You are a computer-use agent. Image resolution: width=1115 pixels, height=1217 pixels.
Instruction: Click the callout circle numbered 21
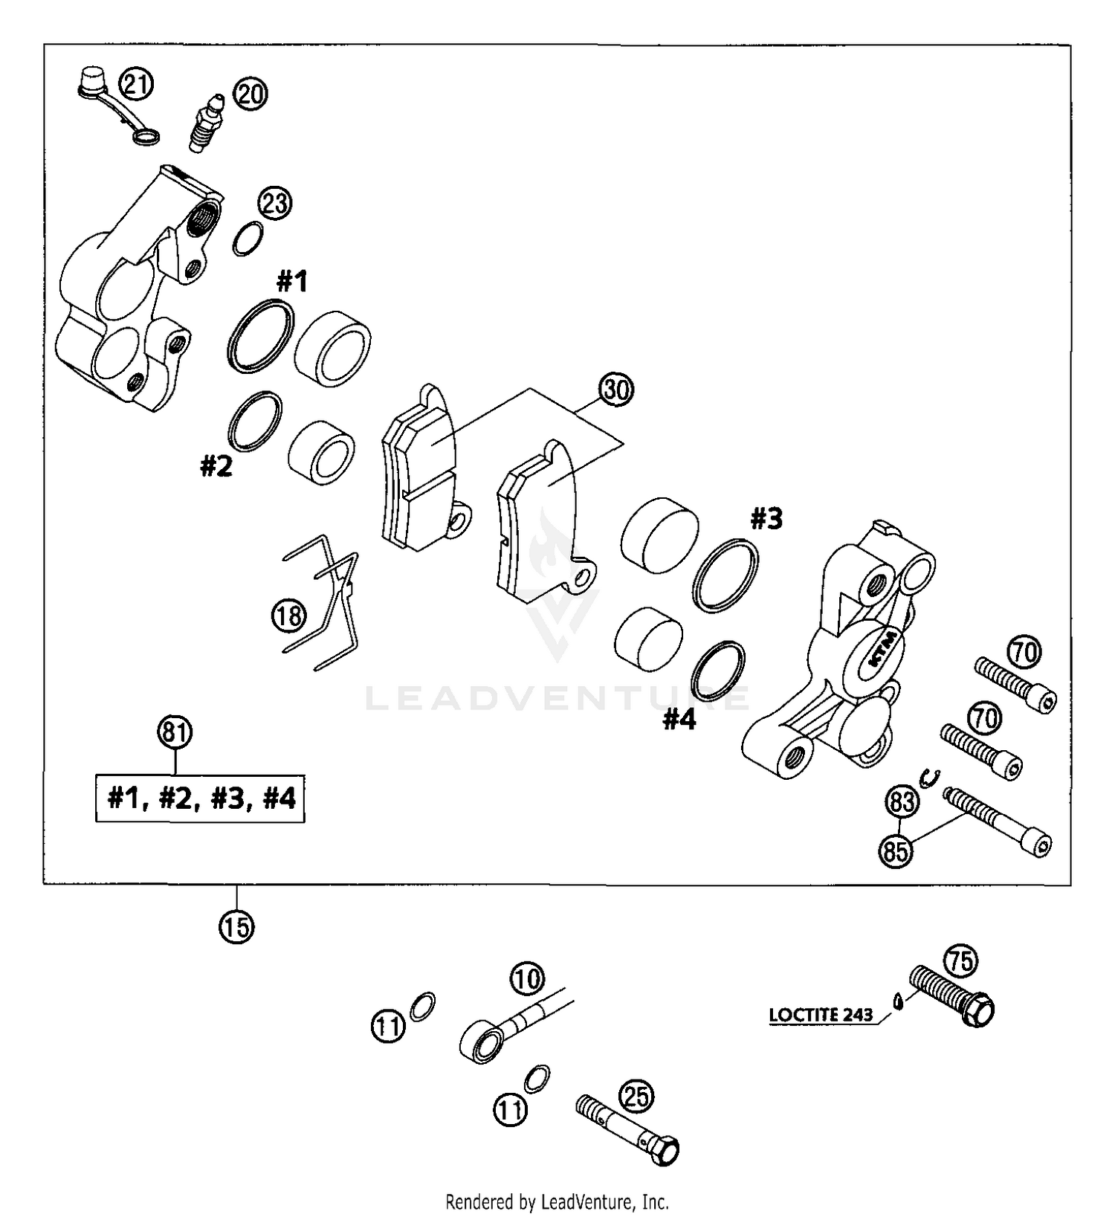point(137,84)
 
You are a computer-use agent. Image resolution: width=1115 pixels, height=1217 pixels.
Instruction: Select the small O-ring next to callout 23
point(248,239)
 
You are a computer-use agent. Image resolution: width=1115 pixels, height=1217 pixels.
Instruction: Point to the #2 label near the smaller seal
point(216,467)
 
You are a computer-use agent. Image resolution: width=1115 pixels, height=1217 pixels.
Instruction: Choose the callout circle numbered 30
point(617,390)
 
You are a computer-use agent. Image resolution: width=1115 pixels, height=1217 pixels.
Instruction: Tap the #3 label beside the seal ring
point(766,519)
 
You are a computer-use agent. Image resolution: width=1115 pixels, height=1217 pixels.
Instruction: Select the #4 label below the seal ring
point(679,719)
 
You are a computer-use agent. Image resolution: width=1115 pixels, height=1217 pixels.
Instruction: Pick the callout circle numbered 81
point(175,732)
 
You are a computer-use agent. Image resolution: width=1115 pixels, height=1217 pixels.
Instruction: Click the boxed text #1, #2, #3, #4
point(201,798)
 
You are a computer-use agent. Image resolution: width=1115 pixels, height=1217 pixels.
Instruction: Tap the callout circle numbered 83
point(902,802)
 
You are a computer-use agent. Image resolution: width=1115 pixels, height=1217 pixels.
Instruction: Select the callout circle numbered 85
point(896,850)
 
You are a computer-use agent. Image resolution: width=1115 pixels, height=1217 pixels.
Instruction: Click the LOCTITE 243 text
point(821,1015)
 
